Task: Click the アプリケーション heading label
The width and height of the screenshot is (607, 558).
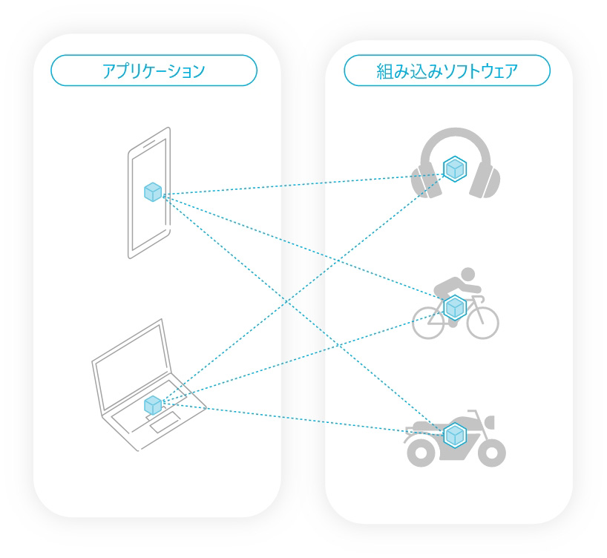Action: point(154,71)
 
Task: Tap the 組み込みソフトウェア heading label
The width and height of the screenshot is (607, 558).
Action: point(447,71)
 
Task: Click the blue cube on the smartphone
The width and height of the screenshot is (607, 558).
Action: point(153,192)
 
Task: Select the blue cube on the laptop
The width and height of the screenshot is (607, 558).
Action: point(153,405)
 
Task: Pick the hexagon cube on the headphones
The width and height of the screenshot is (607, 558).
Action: point(455,169)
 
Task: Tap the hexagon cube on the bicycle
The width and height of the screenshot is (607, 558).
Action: point(455,308)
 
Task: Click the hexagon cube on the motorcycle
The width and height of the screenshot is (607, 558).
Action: point(455,436)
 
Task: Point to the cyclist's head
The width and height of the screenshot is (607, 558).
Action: point(468,274)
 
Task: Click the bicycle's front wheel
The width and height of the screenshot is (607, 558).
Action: point(483,323)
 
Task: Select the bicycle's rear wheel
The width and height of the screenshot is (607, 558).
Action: point(428,323)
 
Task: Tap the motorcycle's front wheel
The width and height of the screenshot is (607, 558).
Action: point(492,453)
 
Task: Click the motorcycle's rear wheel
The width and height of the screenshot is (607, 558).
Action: point(421,453)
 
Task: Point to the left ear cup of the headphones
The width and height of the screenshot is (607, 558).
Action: point(426,180)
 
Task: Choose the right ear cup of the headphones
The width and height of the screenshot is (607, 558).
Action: point(485,180)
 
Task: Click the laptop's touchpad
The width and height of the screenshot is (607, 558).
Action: point(165,422)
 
